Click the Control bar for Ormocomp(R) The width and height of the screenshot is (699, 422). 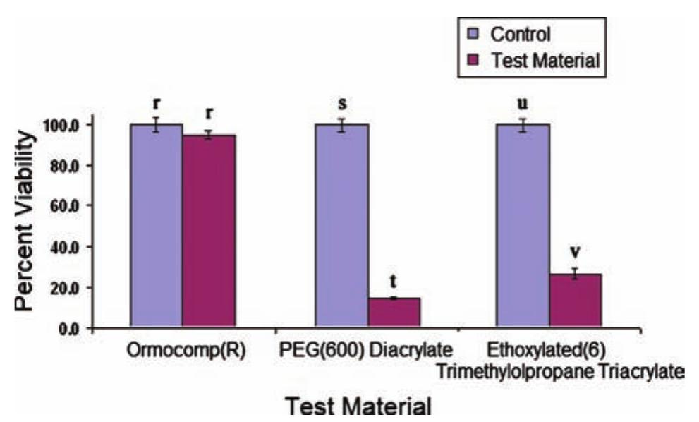pyautogui.click(x=157, y=226)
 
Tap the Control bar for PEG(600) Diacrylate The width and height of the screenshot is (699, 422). pyautogui.click(x=341, y=226)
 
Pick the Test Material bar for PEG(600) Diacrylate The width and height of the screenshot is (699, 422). pyautogui.click(x=394, y=313)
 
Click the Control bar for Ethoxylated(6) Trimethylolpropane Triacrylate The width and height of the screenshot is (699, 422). pyautogui.click(x=523, y=226)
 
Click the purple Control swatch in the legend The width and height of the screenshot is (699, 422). pyautogui.click(x=473, y=34)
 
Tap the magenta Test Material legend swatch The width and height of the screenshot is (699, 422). pyautogui.click(x=473, y=61)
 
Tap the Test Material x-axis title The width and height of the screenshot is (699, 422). pyautogui.click(x=358, y=405)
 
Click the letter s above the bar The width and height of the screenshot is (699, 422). pyautogui.click(x=341, y=104)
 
